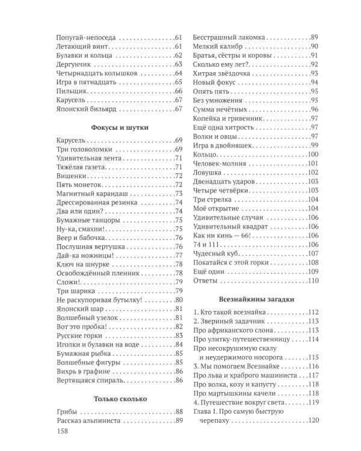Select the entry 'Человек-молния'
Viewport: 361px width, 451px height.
click(x=220, y=164)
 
